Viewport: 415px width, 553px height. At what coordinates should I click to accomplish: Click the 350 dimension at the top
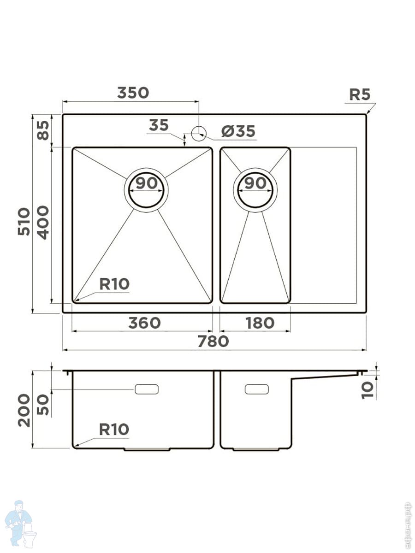pyautogui.click(x=133, y=93)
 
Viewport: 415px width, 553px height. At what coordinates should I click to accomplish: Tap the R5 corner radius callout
pyautogui.click(x=359, y=94)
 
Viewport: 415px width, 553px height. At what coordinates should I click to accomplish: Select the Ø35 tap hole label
pyautogui.click(x=238, y=132)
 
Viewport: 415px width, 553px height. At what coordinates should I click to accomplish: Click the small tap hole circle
pyautogui.click(x=198, y=134)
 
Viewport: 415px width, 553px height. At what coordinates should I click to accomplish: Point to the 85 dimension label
pyautogui.click(x=43, y=130)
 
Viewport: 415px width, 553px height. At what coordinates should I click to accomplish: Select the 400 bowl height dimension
pyautogui.click(x=43, y=222)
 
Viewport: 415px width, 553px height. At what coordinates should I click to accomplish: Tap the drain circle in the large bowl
pyautogui.click(x=146, y=190)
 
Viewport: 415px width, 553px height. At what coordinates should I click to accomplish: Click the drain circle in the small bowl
pyautogui.click(x=255, y=190)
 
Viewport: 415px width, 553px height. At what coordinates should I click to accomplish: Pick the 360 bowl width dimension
pyautogui.click(x=144, y=323)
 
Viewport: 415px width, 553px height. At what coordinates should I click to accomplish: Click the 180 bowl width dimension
pyautogui.click(x=260, y=323)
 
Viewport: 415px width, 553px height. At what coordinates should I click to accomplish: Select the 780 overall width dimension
pyautogui.click(x=213, y=341)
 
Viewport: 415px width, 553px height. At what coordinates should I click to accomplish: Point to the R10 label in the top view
pyautogui.click(x=114, y=284)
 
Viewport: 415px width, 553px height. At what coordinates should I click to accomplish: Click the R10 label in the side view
pyautogui.click(x=114, y=429)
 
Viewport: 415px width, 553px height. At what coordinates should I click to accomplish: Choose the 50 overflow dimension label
pyautogui.click(x=43, y=404)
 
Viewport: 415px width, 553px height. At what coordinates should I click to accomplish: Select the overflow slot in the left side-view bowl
pyautogui.click(x=147, y=389)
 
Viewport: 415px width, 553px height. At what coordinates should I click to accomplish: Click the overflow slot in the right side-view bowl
pyautogui.click(x=256, y=389)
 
